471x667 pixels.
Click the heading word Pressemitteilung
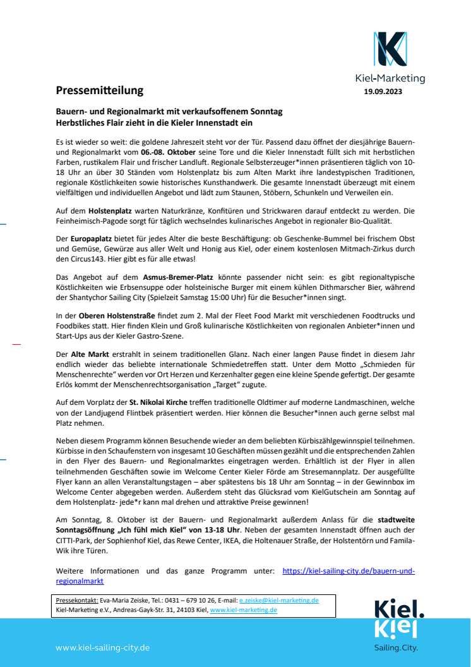click(x=100, y=90)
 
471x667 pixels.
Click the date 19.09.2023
click(x=383, y=92)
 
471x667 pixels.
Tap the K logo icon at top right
click(x=390, y=50)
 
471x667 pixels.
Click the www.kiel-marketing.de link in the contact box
click(x=243, y=610)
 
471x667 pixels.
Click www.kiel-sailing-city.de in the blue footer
click(x=102, y=647)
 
